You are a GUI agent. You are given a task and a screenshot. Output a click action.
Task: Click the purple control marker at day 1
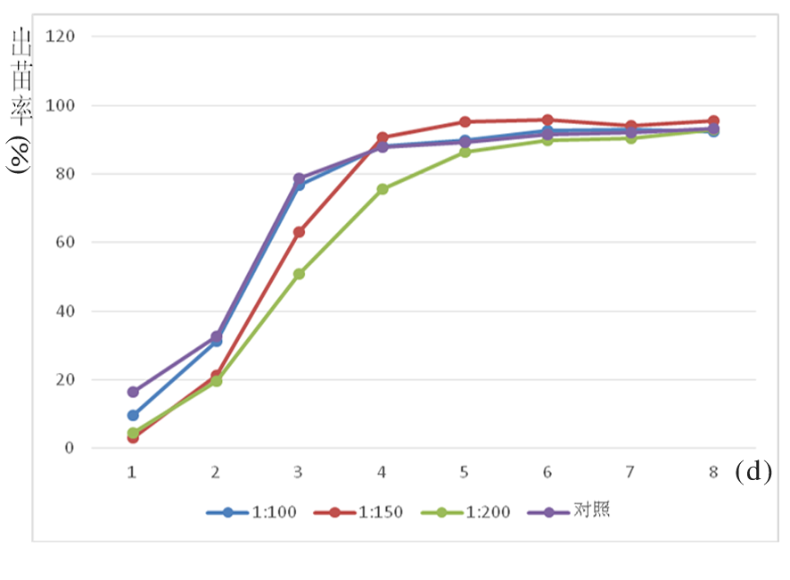[133, 392]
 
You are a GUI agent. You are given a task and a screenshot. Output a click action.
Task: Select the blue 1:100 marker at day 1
[133, 415]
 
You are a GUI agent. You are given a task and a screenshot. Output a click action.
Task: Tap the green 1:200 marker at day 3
[299, 274]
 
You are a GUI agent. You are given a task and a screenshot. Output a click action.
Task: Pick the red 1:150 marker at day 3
[299, 232]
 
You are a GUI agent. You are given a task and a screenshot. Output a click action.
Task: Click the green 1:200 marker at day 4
[383, 189]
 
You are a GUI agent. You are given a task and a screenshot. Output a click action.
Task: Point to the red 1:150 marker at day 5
[465, 121]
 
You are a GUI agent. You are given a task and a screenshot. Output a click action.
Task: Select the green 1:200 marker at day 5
[465, 152]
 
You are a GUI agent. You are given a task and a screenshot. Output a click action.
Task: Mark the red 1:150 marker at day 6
[547, 120]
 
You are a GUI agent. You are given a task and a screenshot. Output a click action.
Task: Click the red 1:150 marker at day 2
[216, 376]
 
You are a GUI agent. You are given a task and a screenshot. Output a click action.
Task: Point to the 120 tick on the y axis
[66, 37]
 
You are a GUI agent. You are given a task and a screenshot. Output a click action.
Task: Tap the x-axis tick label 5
[465, 472]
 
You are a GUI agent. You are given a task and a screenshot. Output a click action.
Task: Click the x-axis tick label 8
[713, 472]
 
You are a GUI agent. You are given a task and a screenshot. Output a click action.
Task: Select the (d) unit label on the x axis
[753, 472]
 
